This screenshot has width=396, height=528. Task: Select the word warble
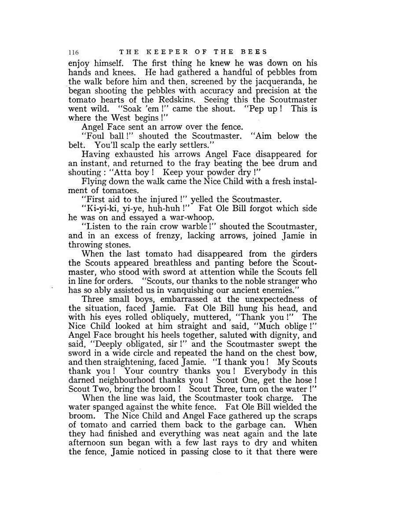click(194, 227)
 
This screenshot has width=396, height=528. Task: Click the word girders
click(300, 254)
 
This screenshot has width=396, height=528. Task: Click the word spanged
click(107, 407)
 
